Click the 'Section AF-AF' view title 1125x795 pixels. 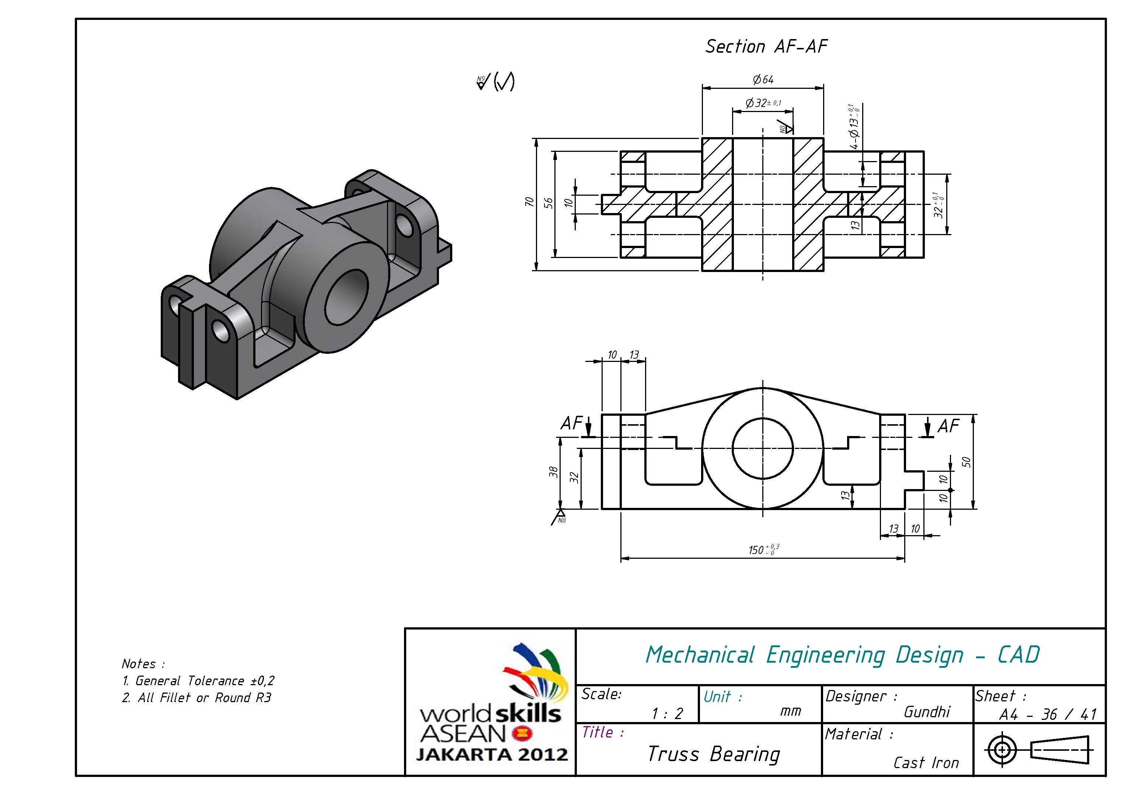766,46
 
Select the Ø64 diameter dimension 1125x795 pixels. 763,79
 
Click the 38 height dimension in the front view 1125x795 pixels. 553,472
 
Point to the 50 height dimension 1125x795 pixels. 966,462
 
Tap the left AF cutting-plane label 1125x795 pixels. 571,423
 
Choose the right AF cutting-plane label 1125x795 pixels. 948,426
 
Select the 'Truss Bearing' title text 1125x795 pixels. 713,754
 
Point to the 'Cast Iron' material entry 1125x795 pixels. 926,763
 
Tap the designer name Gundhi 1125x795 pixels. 927,712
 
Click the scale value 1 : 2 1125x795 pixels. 667,714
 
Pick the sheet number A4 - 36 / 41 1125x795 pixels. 1048,715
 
